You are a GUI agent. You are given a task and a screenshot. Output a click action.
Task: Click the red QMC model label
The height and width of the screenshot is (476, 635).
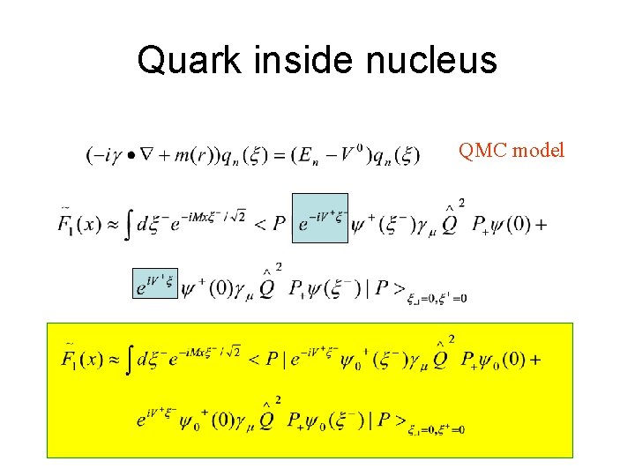511,151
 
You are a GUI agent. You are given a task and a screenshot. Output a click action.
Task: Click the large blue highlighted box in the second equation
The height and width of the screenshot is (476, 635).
319,218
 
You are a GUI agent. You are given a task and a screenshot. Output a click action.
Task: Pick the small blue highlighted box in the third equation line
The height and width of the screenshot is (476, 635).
154,283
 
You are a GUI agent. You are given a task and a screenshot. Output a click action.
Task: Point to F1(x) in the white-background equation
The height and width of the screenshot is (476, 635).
81,224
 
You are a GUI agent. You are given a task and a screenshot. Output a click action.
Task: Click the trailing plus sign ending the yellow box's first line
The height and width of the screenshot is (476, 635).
535,360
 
